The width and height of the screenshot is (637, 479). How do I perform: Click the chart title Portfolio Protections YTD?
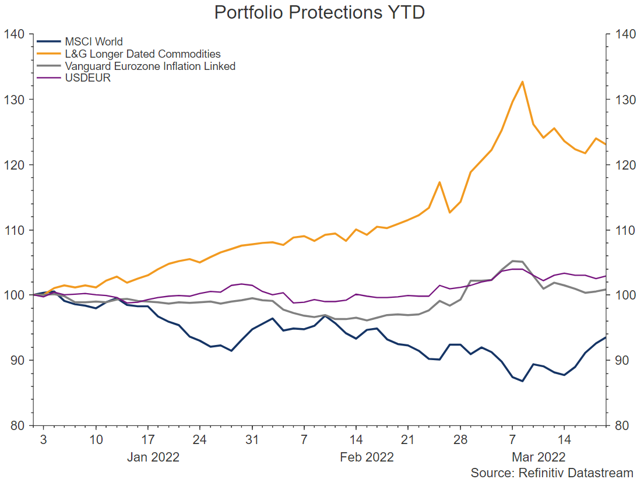(x=319, y=12)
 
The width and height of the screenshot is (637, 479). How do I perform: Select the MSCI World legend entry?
(x=94, y=41)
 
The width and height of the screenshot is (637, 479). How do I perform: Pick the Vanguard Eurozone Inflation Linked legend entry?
(x=150, y=66)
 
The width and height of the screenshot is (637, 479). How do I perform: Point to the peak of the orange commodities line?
(x=522, y=82)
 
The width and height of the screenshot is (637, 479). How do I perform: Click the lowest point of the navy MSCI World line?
(x=522, y=381)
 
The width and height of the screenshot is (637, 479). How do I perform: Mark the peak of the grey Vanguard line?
(x=512, y=260)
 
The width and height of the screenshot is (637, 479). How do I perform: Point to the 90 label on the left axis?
(x=16, y=360)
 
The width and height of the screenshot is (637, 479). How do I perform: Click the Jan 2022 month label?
(x=153, y=457)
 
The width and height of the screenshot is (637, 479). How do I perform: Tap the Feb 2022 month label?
(x=367, y=457)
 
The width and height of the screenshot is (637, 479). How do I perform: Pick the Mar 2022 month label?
(x=538, y=457)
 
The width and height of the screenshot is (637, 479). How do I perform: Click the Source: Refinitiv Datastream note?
(x=552, y=472)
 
